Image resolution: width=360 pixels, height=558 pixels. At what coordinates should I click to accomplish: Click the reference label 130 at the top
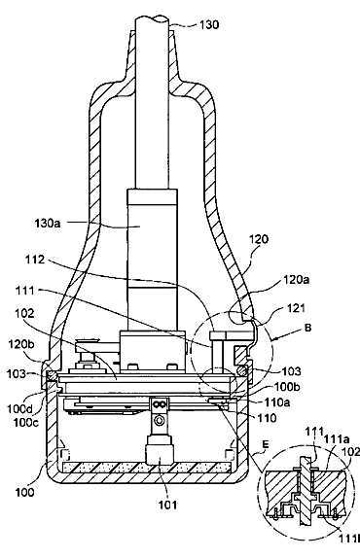pyautogui.click(x=209, y=25)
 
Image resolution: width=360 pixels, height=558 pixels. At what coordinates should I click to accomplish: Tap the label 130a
pyautogui.click(x=48, y=224)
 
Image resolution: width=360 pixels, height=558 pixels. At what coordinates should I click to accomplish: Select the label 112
pyautogui.click(x=35, y=261)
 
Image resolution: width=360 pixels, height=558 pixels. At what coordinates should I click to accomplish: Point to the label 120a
pyautogui.click(x=296, y=280)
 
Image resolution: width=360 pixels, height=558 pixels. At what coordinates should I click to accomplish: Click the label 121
pyautogui.click(x=296, y=307)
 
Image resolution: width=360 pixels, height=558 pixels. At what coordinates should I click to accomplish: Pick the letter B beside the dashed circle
pyautogui.click(x=307, y=328)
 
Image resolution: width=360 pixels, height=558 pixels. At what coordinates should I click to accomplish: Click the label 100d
pyautogui.click(x=19, y=409)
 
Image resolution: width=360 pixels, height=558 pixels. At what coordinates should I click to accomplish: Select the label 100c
pyautogui.click(x=26, y=423)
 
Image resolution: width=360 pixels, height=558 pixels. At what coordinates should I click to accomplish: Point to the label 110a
pyautogui.click(x=276, y=402)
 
